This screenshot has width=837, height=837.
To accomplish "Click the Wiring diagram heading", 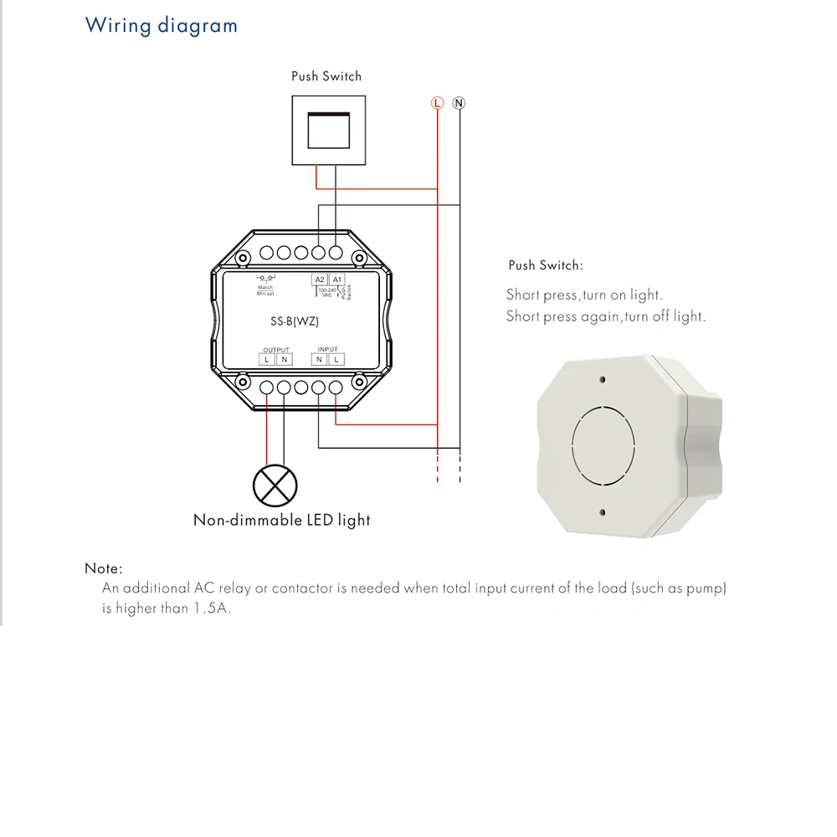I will (162, 25).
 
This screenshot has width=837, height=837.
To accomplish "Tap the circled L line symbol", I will (436, 103).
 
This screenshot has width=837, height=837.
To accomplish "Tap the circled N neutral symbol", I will (459, 103).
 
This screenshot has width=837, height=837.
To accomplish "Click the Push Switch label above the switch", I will (326, 76).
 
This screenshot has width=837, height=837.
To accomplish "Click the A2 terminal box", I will (319, 280).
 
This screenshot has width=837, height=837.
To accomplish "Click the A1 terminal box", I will (336, 280).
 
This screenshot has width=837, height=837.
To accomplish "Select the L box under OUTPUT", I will (266, 359).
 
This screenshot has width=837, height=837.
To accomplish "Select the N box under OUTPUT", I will (284, 359).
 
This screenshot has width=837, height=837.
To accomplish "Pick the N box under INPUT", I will (319, 359).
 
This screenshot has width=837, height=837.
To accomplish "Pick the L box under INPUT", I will (336, 359).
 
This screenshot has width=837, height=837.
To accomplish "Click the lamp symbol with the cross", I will (275, 485).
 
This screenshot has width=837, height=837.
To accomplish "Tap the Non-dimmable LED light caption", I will (282, 520).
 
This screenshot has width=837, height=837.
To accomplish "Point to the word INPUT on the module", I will (328, 349).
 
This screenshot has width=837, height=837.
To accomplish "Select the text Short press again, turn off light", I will (606, 316).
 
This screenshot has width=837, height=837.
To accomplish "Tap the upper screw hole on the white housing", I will (602, 380).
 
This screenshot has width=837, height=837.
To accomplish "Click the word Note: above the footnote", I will (104, 568).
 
